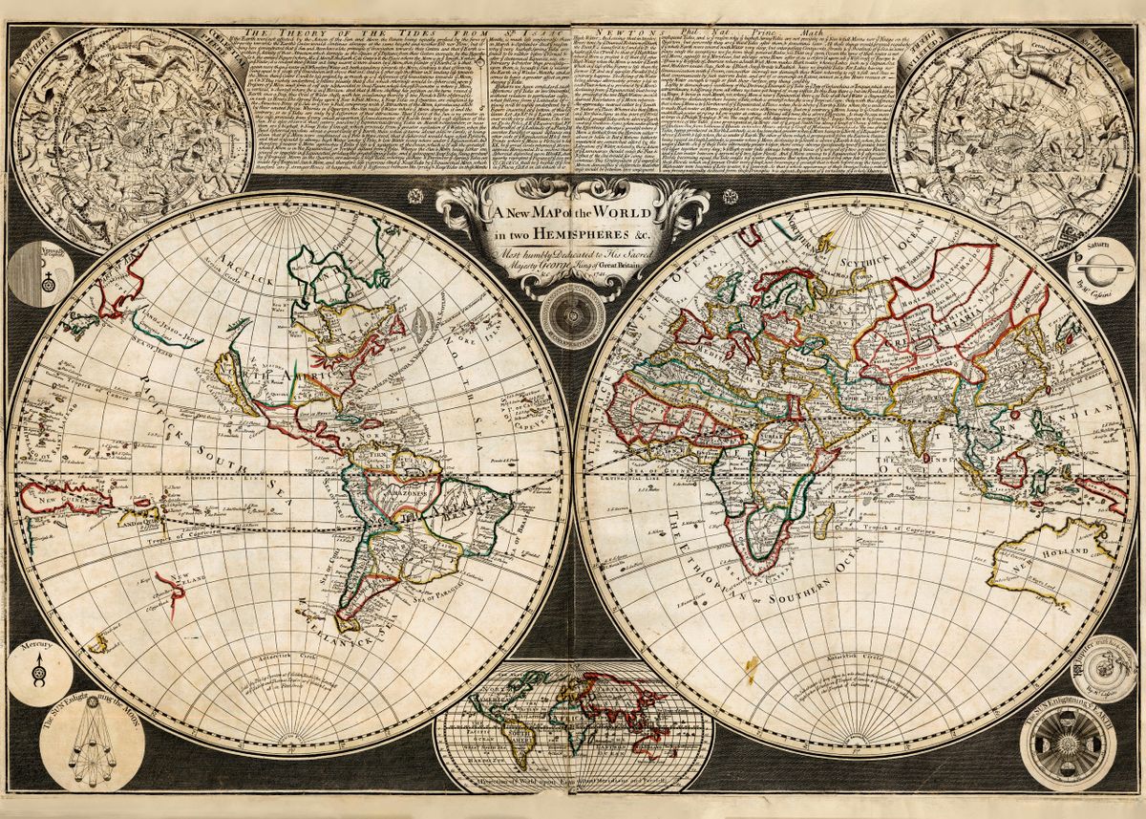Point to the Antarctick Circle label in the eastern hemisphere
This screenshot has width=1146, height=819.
(855, 657)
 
